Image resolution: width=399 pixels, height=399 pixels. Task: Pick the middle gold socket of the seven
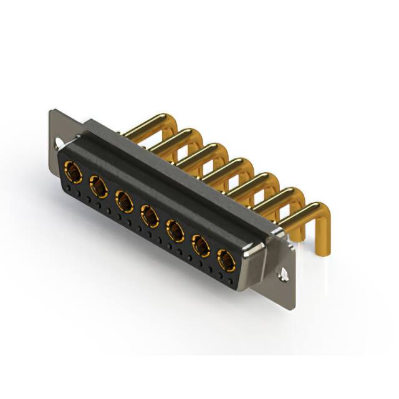coord(150,216)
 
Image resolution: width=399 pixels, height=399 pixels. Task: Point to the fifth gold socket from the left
coord(176,231)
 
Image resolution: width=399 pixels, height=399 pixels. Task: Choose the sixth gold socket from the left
coord(201,246)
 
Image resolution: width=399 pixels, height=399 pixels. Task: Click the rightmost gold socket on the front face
coord(226,260)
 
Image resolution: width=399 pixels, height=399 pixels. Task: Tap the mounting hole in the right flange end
coord(284,273)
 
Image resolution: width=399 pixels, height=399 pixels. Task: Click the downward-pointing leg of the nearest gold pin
coord(324,240)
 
